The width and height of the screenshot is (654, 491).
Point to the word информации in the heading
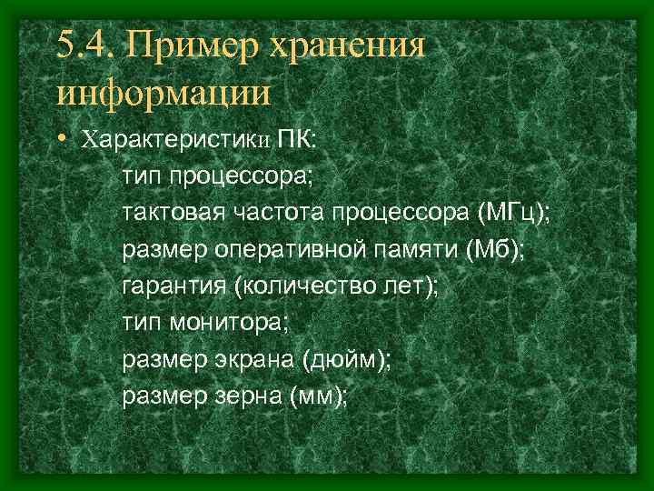163,93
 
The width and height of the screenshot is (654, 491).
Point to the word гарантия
173,286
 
